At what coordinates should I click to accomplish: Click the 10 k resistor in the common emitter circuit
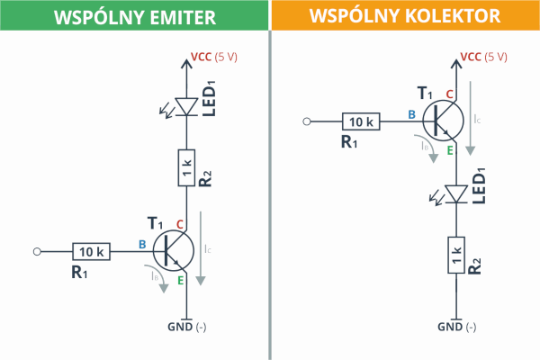coord(91,251)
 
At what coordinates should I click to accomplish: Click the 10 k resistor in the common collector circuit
coord(361,121)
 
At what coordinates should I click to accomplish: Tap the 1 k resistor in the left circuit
coord(186,167)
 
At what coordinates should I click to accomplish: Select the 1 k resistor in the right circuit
coord(456,256)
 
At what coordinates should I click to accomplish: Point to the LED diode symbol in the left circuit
coord(186,107)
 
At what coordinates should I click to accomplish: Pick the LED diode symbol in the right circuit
coord(456,194)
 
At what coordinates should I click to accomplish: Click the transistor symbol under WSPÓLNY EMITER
coord(173,251)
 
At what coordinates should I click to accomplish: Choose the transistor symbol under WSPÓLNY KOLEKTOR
coord(443,121)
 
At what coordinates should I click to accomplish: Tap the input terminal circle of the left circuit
coord(37,252)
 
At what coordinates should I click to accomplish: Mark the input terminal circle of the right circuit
coord(307,121)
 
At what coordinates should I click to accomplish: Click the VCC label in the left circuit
coord(201,57)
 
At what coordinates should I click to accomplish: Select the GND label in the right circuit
coord(450,327)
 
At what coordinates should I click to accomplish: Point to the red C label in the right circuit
coord(449,94)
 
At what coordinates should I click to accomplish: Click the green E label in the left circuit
coord(181,281)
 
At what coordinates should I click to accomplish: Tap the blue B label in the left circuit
coord(142,244)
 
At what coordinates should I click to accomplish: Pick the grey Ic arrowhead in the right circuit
coord(471,151)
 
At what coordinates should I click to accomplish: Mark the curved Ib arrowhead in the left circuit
coord(164,288)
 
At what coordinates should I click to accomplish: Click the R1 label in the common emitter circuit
coord(79,272)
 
